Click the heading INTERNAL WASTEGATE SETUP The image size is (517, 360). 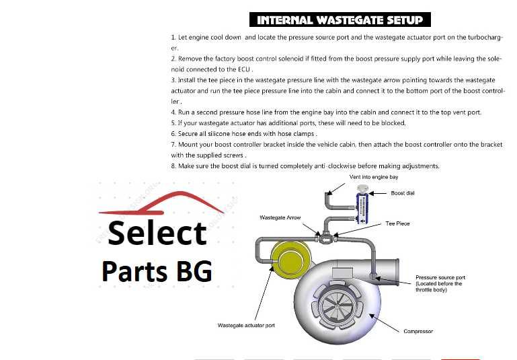pyautogui.click(x=340, y=20)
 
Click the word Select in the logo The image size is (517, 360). pyautogui.click(x=157, y=233)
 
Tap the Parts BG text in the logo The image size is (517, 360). pyautogui.click(x=157, y=271)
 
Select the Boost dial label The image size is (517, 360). pyautogui.click(x=403, y=193)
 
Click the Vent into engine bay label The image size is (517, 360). pyautogui.click(x=374, y=177)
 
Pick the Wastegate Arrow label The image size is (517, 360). pyautogui.click(x=279, y=217)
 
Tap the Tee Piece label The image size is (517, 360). pyautogui.click(x=397, y=223)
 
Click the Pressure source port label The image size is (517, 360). pyautogui.click(x=440, y=277)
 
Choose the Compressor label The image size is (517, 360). pyautogui.click(x=417, y=331)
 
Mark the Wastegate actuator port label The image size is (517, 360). pyautogui.click(x=245, y=325)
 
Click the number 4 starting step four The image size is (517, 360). pyautogui.click(x=173, y=112)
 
